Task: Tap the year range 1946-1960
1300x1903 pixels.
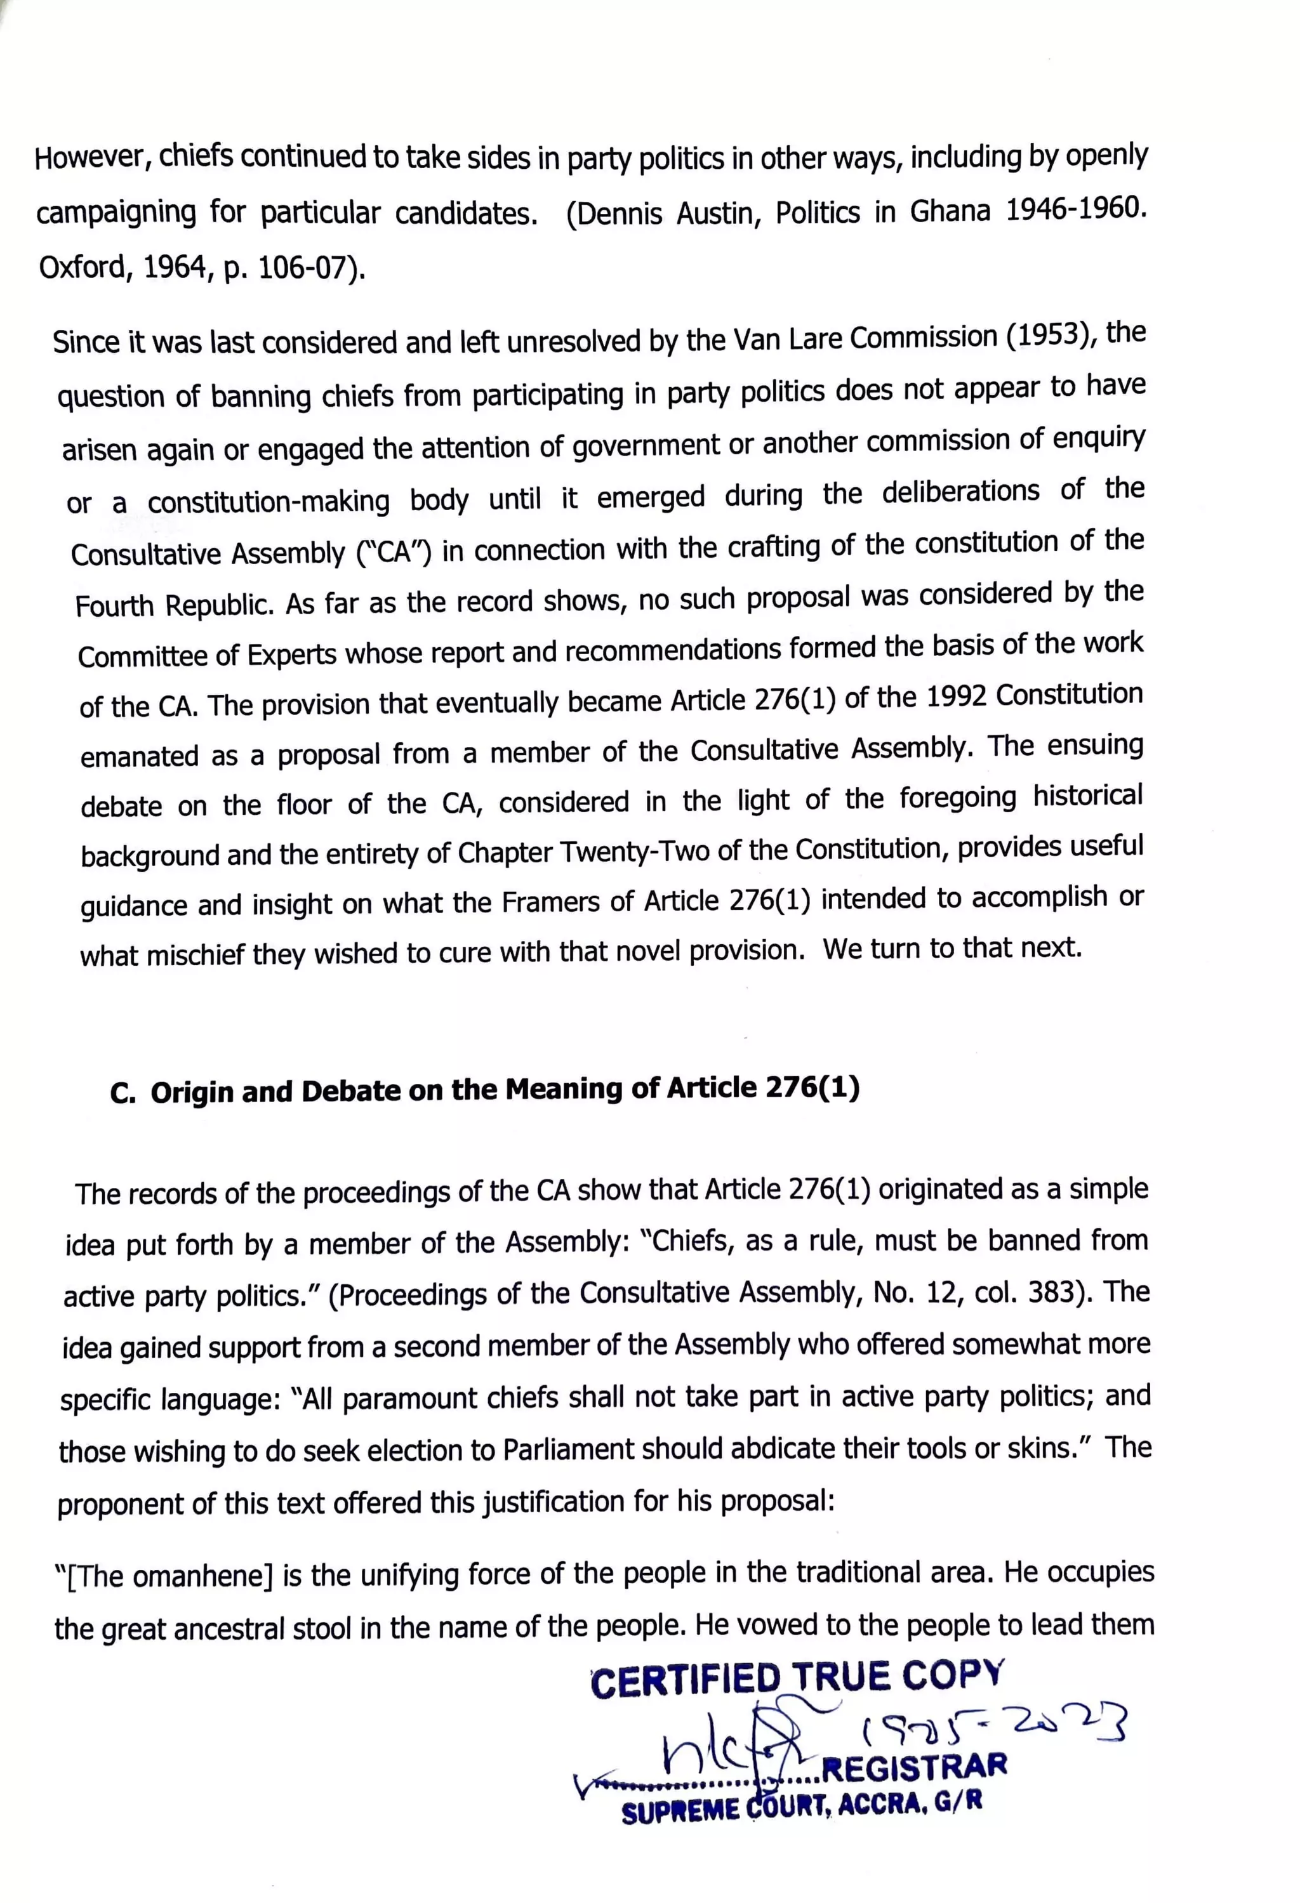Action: [x=1074, y=209]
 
